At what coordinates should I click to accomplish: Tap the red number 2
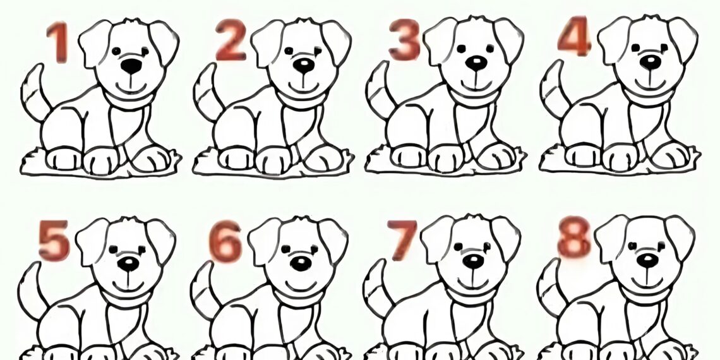point(231,40)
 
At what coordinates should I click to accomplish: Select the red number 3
point(404,40)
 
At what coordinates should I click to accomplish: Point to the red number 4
point(574,36)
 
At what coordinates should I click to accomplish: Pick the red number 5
point(54,240)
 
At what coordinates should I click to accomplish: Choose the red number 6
point(225,241)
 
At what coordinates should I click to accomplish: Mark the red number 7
point(401,240)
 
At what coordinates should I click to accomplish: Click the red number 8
point(574,236)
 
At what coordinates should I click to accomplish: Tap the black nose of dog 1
point(131,66)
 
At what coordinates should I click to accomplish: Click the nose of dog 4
point(651,62)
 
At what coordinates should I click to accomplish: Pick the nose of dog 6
point(301,263)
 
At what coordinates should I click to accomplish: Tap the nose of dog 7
point(473,261)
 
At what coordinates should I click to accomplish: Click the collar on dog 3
point(474,98)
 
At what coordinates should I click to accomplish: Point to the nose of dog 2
point(304,65)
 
